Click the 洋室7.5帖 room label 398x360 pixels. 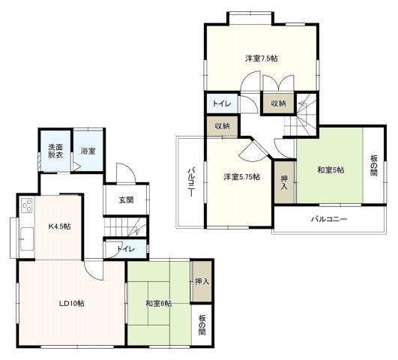pos(261,58)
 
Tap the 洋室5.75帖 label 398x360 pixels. pos(241,177)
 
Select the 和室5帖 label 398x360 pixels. pos(331,170)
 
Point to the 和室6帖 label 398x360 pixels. pos(159,303)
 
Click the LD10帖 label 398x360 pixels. pos(72,303)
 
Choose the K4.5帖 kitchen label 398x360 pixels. pos(59,226)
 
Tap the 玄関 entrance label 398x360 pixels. pos(126,200)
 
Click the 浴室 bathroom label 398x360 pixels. pos(88,151)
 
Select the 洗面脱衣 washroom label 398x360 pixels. pos(55,151)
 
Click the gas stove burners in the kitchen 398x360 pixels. pos(27,205)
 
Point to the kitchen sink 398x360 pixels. pos(27,239)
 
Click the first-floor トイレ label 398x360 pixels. pos(125,249)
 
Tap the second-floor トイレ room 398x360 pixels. pos(222,103)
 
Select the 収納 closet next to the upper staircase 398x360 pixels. pos(278,103)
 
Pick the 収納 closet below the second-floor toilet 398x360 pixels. pos(222,126)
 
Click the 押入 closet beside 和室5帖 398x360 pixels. pos(284,182)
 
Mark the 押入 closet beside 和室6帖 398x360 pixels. pos(202,281)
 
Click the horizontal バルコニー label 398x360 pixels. pos(329,219)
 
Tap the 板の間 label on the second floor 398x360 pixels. pos(374,166)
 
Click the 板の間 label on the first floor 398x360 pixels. pos(202,325)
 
